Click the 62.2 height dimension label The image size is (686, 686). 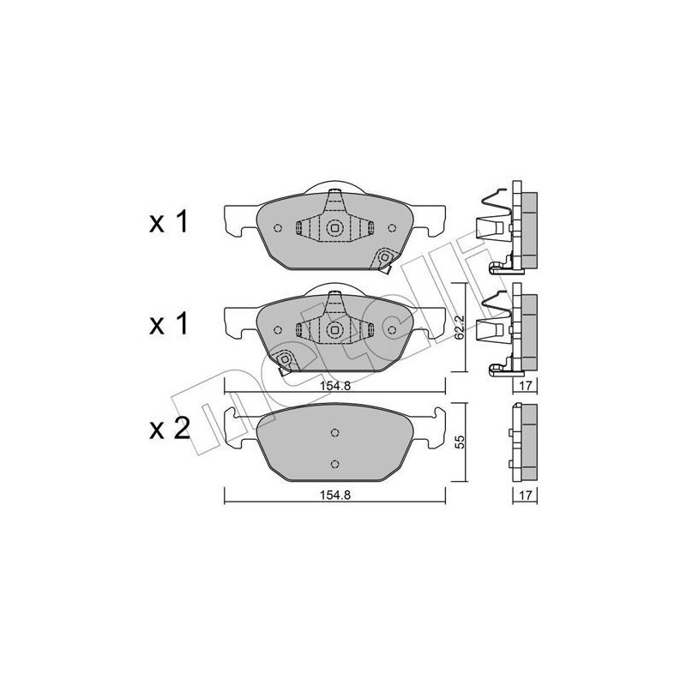click(x=459, y=328)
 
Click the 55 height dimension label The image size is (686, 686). click(x=459, y=442)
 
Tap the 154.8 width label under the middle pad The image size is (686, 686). click(x=335, y=386)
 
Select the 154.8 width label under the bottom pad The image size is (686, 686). click(x=335, y=495)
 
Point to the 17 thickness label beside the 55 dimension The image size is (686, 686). click(x=525, y=495)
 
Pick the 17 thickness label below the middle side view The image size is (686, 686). click(x=525, y=386)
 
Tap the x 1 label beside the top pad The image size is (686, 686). click(x=168, y=221)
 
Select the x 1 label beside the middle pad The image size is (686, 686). click(x=168, y=324)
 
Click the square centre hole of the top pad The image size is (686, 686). click(x=334, y=227)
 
